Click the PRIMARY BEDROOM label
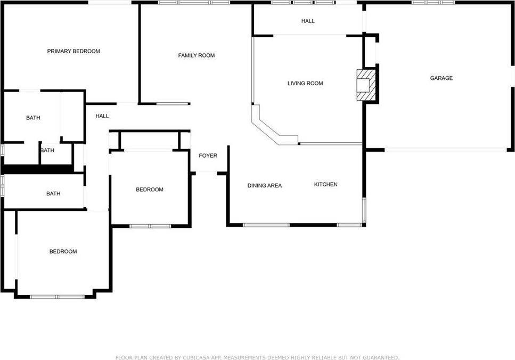click(x=73, y=51)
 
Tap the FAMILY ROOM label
click(x=197, y=55)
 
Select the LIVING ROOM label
click(x=305, y=84)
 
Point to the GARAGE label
click(x=442, y=78)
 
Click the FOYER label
click(x=208, y=156)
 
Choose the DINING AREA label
click(x=264, y=185)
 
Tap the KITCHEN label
click(x=325, y=185)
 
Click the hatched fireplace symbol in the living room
click(x=366, y=85)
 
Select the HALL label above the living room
click(x=308, y=21)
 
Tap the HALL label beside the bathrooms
click(x=102, y=116)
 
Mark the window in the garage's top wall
click(x=433, y=2)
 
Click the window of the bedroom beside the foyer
click(x=150, y=226)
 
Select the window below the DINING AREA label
click(x=266, y=225)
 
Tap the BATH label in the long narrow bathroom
click(x=53, y=194)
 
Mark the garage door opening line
click(x=446, y=150)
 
